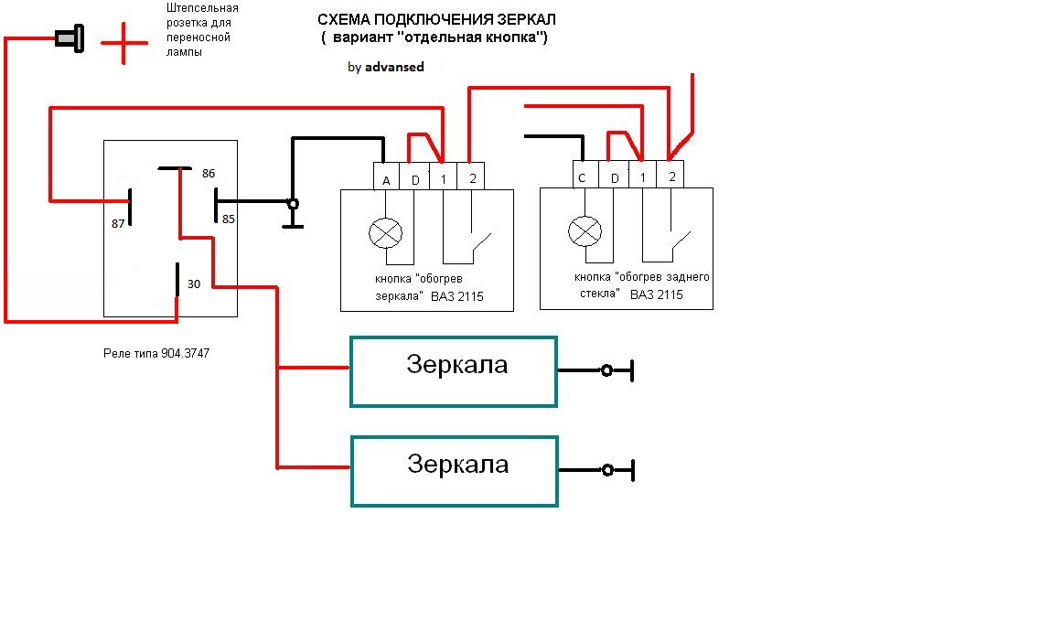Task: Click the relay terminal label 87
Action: click(118, 223)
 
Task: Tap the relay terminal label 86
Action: click(208, 173)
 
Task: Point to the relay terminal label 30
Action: click(194, 284)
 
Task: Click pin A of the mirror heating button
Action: click(386, 180)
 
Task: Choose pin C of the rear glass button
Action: click(581, 178)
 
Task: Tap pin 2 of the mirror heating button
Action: click(471, 178)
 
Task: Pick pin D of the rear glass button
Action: click(615, 178)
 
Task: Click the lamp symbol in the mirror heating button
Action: click(385, 233)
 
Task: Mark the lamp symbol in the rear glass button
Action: click(585, 231)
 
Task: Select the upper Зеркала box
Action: click(454, 371)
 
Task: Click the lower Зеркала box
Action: click(454, 471)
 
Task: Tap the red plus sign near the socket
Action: click(123, 42)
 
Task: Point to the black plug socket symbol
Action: click(68, 39)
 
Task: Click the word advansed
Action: click(394, 67)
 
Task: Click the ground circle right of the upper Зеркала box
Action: click(606, 370)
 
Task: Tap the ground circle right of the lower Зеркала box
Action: click(606, 470)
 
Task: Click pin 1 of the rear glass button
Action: click(643, 177)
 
